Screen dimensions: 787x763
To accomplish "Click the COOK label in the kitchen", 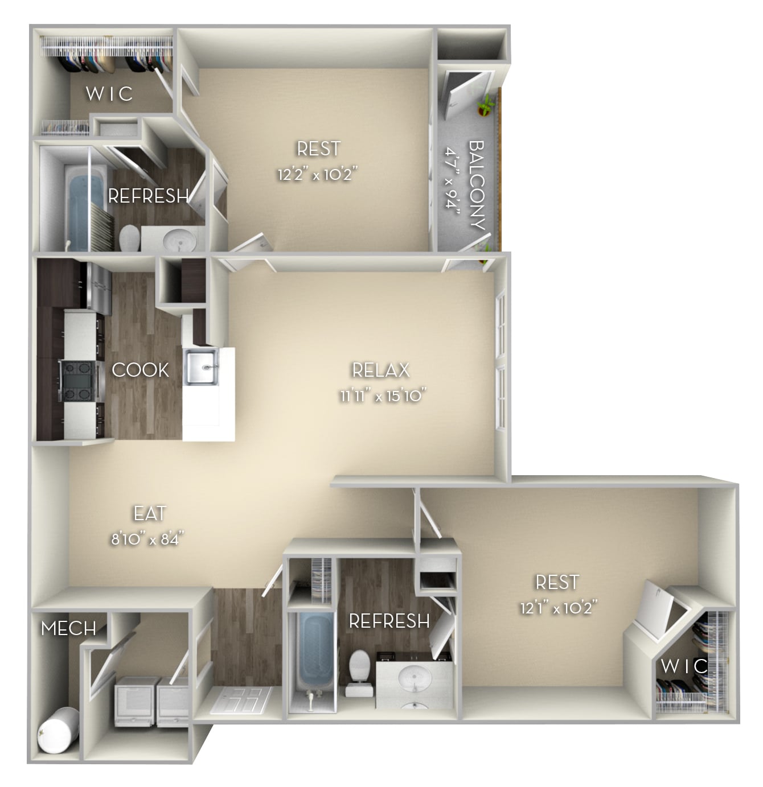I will click(x=140, y=370).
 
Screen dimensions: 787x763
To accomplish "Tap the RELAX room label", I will click(x=380, y=370).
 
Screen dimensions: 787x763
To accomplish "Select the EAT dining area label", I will click(x=149, y=513).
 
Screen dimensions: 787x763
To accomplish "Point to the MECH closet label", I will click(x=68, y=628).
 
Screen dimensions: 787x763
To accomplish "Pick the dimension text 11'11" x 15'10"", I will click(x=383, y=395).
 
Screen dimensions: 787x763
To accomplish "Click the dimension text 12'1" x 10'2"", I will click(x=557, y=608).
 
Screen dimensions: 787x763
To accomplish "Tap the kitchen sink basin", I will click(x=201, y=368).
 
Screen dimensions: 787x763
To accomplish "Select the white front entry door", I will click(x=241, y=699).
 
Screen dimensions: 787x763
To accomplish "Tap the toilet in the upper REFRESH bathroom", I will click(x=130, y=237).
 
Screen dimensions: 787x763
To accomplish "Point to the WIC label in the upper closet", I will click(x=109, y=93).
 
